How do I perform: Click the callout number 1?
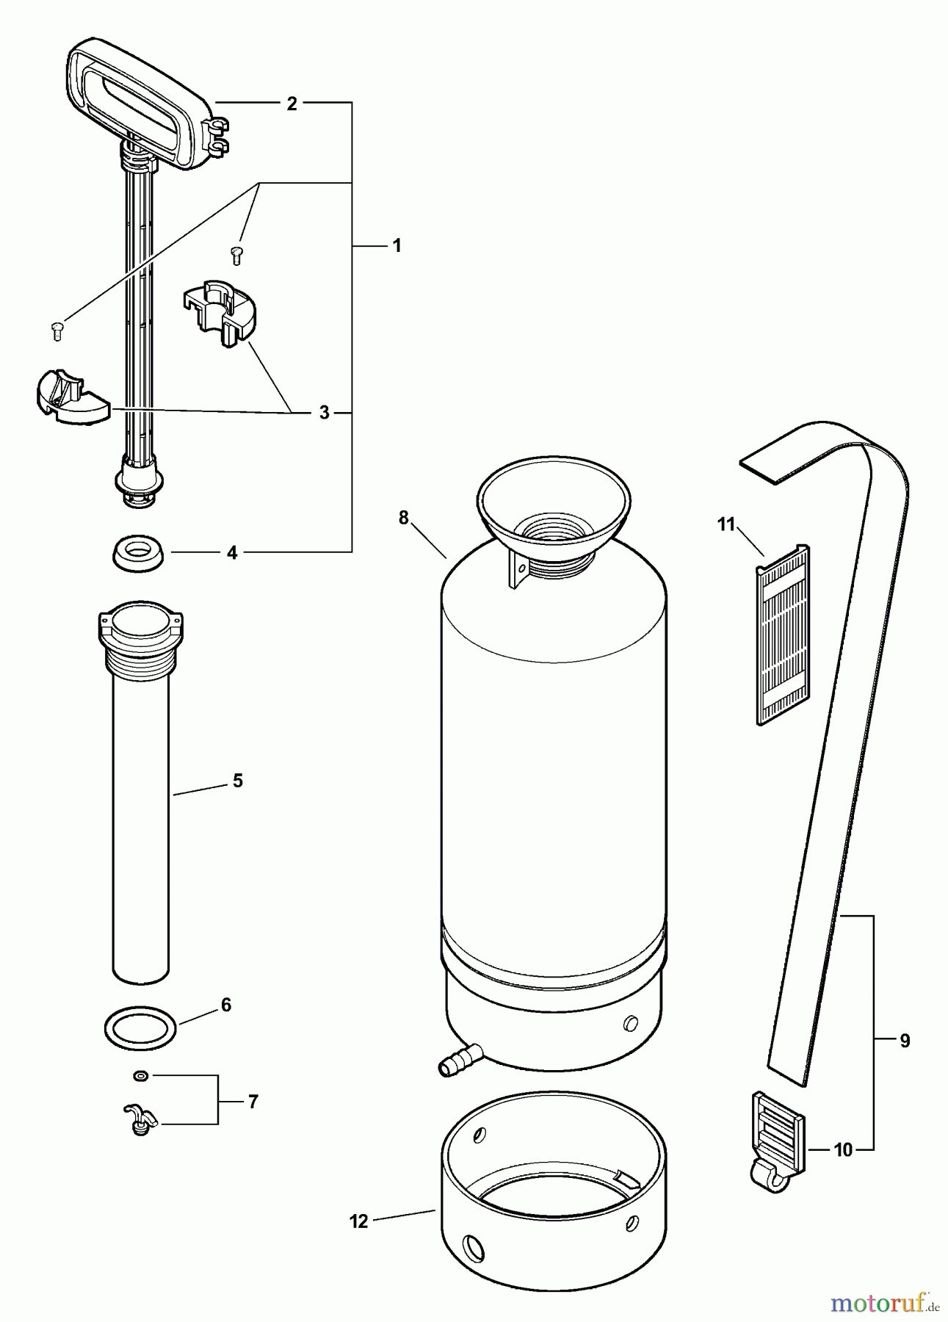tap(397, 245)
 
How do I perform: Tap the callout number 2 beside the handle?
tap(292, 104)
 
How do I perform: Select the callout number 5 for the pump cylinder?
tap(237, 781)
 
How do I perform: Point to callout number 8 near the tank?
tap(403, 518)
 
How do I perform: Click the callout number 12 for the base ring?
tap(358, 1221)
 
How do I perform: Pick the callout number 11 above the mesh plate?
tap(726, 524)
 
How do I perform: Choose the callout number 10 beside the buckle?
tap(843, 1150)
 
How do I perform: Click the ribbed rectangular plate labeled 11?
tap(784, 635)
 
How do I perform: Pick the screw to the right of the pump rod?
tap(236, 256)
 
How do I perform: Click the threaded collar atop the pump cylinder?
tap(140, 637)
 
